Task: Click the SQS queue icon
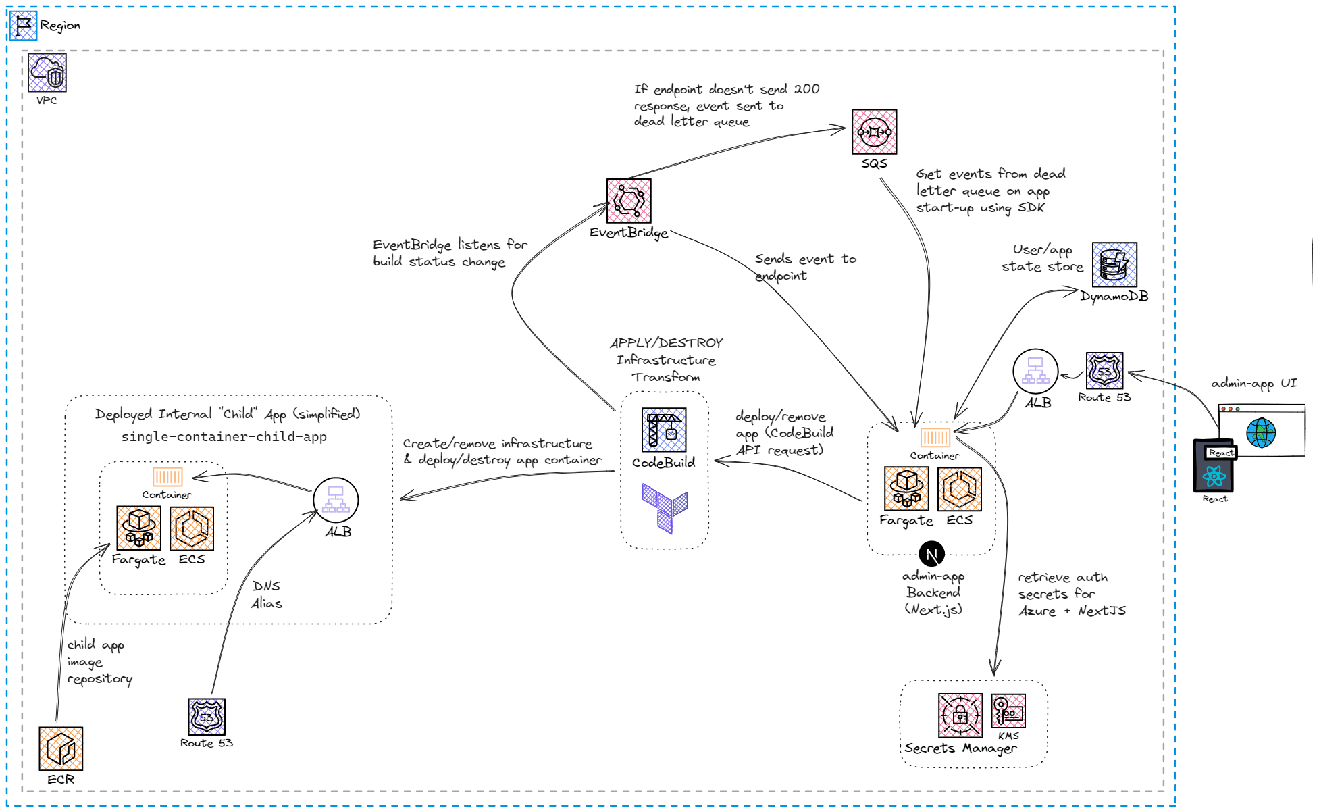[x=874, y=132]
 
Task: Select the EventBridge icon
[x=629, y=201]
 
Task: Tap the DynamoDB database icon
[x=1114, y=265]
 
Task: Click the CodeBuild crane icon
[x=663, y=430]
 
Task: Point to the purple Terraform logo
[x=665, y=508]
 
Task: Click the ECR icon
[x=61, y=748]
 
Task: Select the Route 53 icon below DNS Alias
[x=206, y=717]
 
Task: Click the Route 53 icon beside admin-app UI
[x=1104, y=371]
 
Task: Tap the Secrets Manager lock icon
[x=960, y=715]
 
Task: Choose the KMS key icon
[x=1008, y=711]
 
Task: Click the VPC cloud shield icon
[x=47, y=73]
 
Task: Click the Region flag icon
[x=24, y=26]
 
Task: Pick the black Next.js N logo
[x=931, y=555]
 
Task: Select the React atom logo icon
[x=1214, y=476]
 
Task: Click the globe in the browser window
[x=1260, y=433]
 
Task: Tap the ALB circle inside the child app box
[x=336, y=500]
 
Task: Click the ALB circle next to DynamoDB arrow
[x=1035, y=371]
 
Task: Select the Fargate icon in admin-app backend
[x=906, y=489]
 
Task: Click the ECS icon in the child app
[x=192, y=528]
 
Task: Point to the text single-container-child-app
[x=224, y=437]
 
